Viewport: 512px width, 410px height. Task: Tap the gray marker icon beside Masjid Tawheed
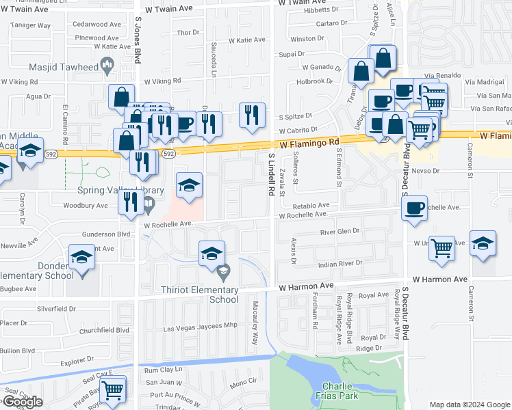point(107,66)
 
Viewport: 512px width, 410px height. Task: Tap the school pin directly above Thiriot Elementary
point(212,254)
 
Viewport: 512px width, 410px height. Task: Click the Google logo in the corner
point(22,402)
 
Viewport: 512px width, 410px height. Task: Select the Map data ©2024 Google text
point(469,405)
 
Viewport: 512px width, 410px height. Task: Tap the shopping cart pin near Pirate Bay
point(112,390)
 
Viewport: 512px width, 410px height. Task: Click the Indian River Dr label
point(340,262)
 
